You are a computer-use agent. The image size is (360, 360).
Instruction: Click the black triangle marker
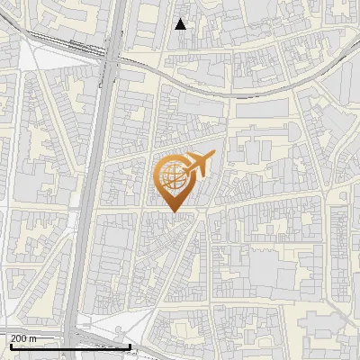pyautogui.click(x=181, y=24)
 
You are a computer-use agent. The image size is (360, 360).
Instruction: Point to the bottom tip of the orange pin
pyautogui.click(x=173, y=211)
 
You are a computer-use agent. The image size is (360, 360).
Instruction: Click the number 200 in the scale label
pyautogui.click(x=19, y=338)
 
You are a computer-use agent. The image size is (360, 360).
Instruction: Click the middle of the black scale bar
pyautogui.click(x=70, y=346)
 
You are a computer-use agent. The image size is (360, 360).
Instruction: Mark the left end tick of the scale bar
pyautogui.click(x=11, y=346)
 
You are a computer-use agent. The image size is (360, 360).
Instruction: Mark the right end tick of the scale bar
pyautogui.click(x=130, y=346)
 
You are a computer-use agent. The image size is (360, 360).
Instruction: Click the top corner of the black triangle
pyautogui.click(x=181, y=19)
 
